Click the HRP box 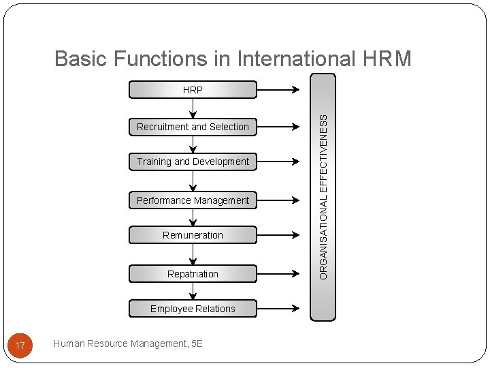pos(193,89)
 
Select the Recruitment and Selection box pos(193,127)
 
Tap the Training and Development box pos(193,162)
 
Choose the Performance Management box pos(193,200)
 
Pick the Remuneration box pos(193,235)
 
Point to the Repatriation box pos(193,274)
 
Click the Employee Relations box pos(193,309)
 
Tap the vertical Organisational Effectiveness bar pos(323,196)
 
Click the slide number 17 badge pos(20,346)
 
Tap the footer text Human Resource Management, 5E pos(128,343)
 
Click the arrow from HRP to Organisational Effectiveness pos(278,89)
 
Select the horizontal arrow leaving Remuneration pos(278,235)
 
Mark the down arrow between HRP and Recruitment pos(193,108)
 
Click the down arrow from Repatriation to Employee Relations pos(193,291)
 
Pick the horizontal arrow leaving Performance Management pos(278,200)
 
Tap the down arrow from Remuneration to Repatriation pos(193,254)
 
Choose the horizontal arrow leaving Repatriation pos(278,274)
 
